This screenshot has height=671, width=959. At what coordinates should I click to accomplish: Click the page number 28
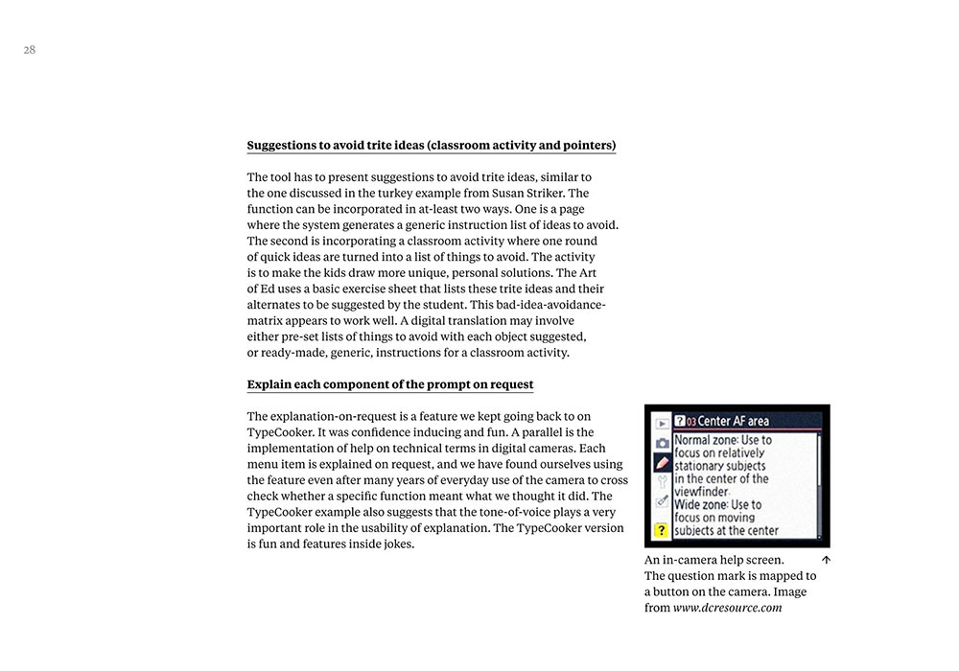30,50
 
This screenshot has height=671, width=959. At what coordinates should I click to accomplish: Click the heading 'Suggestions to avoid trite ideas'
432,146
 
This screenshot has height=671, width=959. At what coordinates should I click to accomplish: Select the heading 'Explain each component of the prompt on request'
390,384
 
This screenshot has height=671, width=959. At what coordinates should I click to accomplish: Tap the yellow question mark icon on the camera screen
661,530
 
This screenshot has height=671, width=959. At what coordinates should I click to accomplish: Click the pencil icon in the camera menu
661,463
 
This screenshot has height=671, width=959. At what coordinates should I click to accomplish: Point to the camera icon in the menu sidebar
661,443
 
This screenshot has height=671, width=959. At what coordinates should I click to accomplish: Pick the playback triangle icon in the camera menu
661,423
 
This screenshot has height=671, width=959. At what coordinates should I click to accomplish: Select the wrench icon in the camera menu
661,482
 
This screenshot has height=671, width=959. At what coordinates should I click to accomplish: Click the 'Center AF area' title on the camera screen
734,421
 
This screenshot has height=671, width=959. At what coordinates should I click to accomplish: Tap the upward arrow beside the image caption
826,560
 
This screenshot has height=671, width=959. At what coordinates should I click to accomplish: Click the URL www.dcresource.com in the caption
727,608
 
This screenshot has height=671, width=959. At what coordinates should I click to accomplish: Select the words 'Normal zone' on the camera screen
705,441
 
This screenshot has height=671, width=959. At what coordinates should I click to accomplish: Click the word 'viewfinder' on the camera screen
701,492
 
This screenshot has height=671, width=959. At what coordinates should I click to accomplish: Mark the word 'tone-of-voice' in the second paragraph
536,512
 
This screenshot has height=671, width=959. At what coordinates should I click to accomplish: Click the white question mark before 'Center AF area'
679,421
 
